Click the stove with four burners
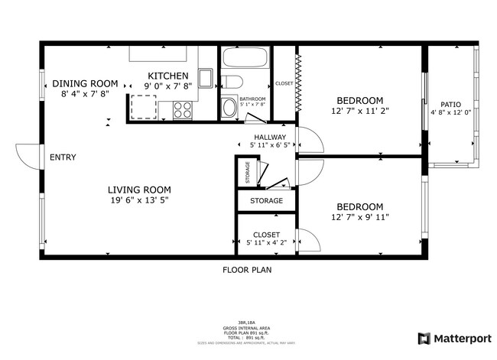point(183,110)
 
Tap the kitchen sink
point(206,79)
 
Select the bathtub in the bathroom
point(244,59)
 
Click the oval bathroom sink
point(228,108)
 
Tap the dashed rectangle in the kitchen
point(146,108)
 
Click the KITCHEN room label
point(167,76)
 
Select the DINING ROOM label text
point(84,83)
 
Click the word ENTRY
point(63,157)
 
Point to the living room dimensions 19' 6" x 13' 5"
point(138,200)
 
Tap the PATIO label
point(450,105)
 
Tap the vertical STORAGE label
point(247,173)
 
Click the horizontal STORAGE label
point(265,201)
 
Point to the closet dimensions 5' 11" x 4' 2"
point(266,243)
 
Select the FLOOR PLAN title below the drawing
point(247,270)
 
